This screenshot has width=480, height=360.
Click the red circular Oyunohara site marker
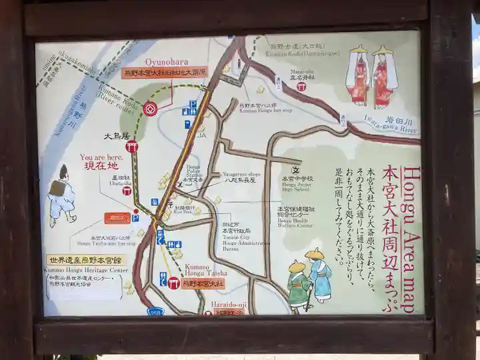pos(151,109)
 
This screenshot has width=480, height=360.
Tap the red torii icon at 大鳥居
pos(131,146)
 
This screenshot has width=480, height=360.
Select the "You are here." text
pos(101,157)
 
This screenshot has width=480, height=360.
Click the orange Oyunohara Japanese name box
pos(165,71)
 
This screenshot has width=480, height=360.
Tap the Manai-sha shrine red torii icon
pos(301,87)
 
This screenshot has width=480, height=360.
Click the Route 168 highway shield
pos(155,311)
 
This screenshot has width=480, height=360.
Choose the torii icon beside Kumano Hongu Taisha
pos(173,283)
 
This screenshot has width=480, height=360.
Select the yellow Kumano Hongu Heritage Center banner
pos(85,260)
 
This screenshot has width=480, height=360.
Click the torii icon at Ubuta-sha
pos(127,190)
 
